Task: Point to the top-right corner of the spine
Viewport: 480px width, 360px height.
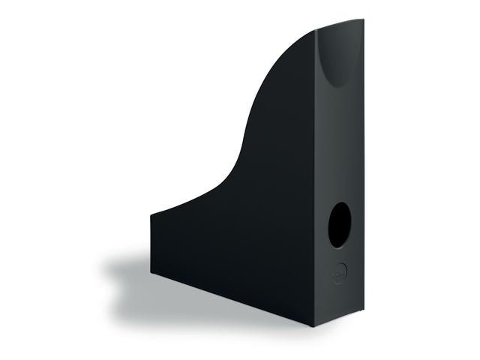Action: pos(363,22)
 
